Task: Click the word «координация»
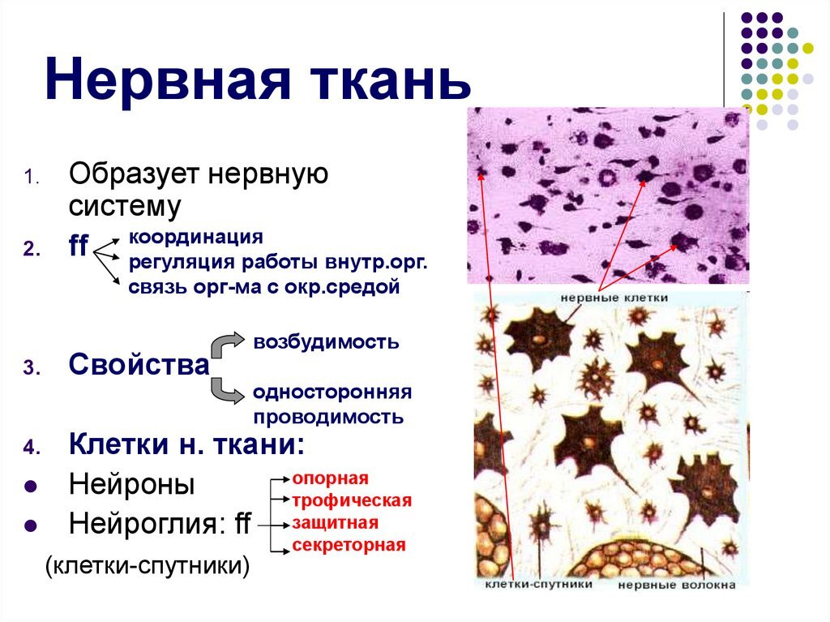tap(196, 237)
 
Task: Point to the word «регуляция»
tap(182, 262)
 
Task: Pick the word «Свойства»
tap(139, 364)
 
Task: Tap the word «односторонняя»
tap(332, 392)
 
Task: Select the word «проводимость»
tap(328, 417)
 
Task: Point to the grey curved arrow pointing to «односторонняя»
tap(225, 390)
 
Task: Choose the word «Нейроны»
tap(132, 483)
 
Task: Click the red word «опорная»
tap(331, 479)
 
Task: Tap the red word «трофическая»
tap(352, 500)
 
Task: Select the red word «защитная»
tap(336, 523)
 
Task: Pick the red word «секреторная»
tap(349, 545)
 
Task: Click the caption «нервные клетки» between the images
tap(614, 298)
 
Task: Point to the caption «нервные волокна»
tap(677, 585)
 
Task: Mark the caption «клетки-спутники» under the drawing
tap(539, 584)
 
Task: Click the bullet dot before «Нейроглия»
tap(32, 526)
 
